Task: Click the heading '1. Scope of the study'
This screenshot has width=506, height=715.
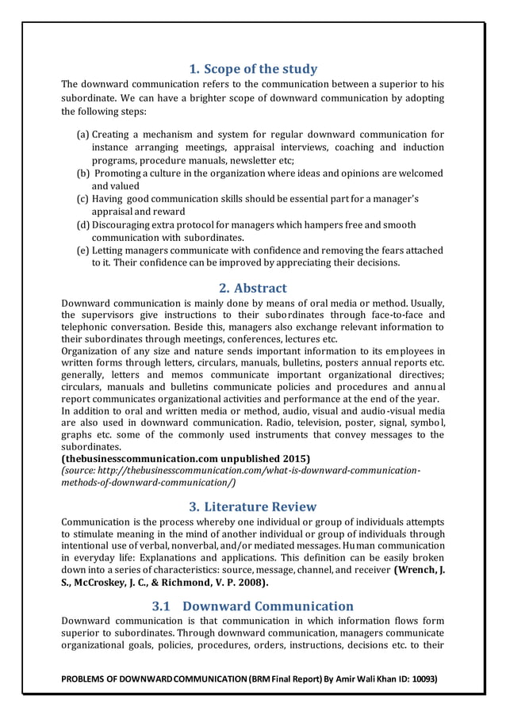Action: coord(253,68)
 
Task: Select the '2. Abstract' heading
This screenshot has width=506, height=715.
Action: coord(253,288)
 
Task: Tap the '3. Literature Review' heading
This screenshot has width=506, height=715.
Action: coord(253,506)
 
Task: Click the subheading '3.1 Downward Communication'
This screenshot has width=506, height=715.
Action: coord(253,606)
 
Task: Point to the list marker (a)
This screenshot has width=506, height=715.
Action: coord(82,135)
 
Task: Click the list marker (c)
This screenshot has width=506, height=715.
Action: coord(82,199)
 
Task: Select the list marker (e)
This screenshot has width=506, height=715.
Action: coord(82,250)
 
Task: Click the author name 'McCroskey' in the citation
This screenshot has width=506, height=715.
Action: coord(105,583)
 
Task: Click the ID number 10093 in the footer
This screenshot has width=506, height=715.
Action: coord(420,680)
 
